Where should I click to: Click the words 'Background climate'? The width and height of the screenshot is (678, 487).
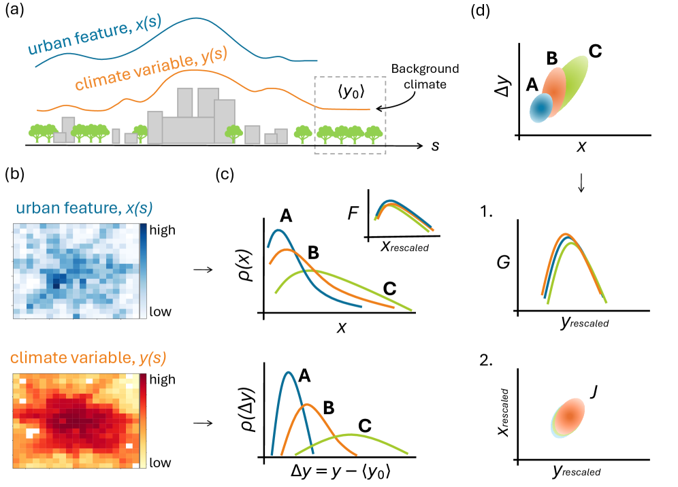pyautogui.click(x=425, y=76)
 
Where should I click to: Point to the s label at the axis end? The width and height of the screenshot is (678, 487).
pyautogui.click(x=434, y=146)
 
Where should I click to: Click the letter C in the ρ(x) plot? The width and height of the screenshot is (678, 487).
pyautogui.click(x=389, y=288)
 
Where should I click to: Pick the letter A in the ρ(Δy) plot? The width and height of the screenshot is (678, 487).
pyautogui.click(x=304, y=375)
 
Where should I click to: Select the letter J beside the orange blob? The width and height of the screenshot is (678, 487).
pyautogui.click(x=593, y=392)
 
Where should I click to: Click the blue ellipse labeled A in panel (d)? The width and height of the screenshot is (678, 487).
pyautogui.click(x=542, y=107)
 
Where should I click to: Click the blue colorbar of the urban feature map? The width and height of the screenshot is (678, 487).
pyautogui.click(x=144, y=270)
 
